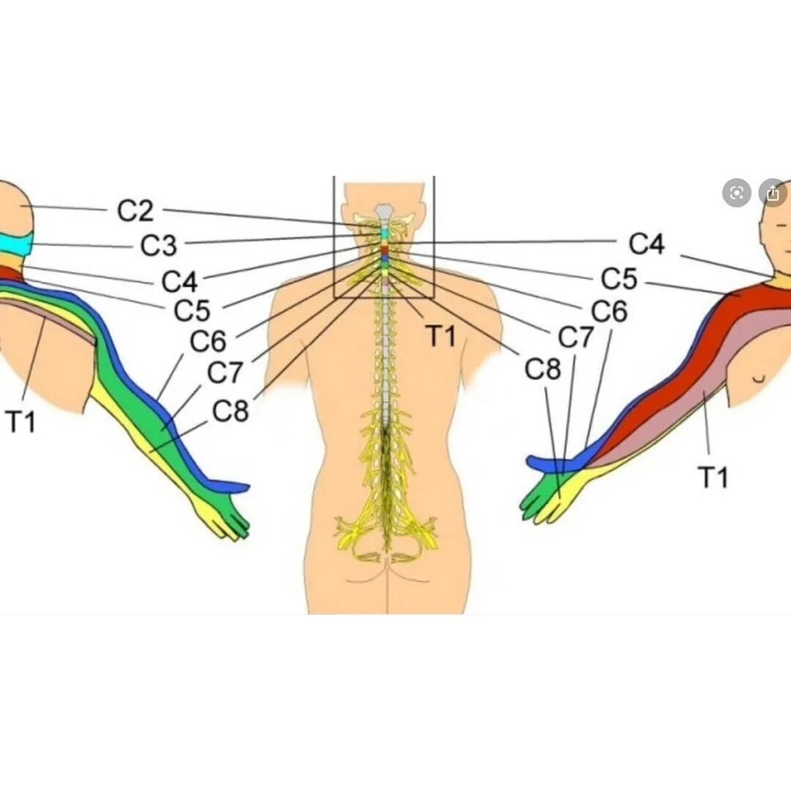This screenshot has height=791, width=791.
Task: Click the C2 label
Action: click(135, 211)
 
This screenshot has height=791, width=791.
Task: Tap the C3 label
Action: click(159, 246)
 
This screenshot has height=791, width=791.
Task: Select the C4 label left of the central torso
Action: click(180, 281)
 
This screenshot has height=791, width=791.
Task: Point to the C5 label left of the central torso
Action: click(192, 311)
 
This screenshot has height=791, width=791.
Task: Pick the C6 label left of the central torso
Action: click(208, 341)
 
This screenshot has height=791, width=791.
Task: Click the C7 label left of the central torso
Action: click(225, 373)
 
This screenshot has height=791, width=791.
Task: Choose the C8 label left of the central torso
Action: click(231, 412)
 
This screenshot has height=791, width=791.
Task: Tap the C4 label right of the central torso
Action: click(647, 245)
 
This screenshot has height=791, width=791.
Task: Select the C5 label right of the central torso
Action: click(619, 279)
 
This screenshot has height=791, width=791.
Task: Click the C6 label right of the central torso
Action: click(609, 312)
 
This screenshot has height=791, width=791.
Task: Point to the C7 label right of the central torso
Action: click(576, 338)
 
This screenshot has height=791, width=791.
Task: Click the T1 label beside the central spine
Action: click(442, 337)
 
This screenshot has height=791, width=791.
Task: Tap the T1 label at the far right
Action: click(713, 478)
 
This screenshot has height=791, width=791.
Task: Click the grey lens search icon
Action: click(737, 193)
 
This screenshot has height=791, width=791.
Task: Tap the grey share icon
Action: click(772, 193)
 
